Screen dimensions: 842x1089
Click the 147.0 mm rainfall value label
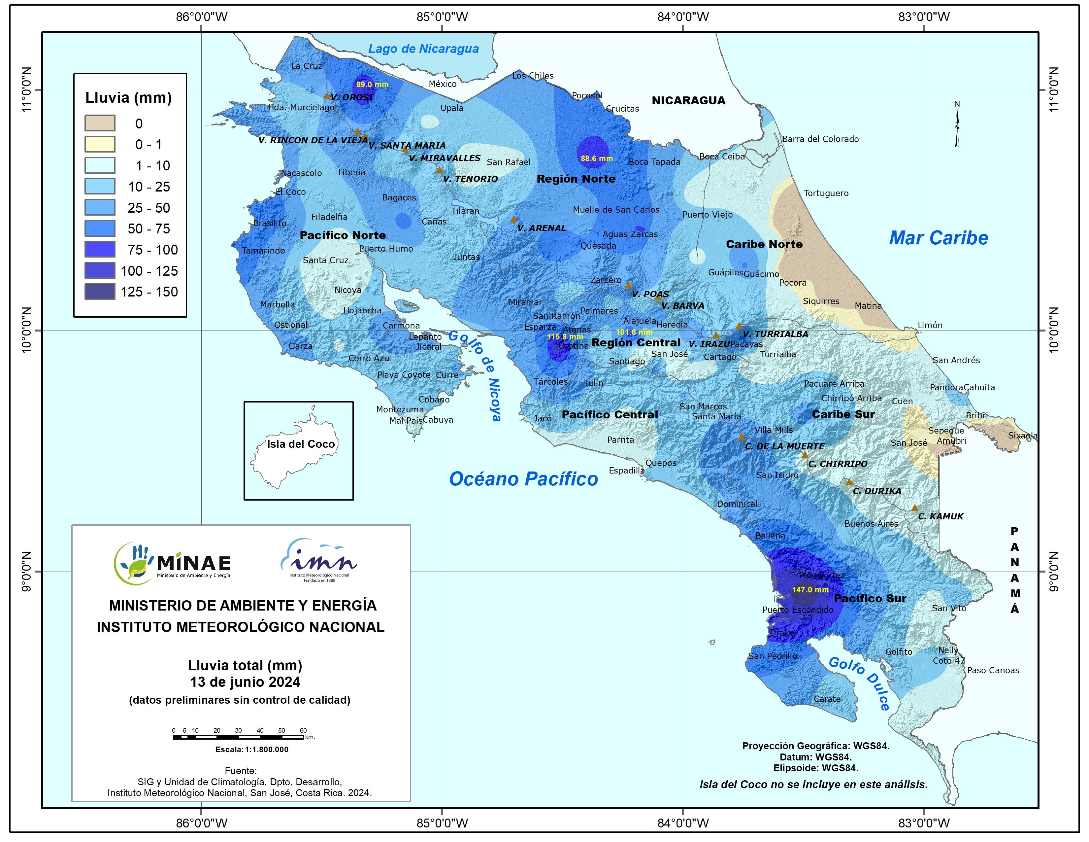pyautogui.click(x=810, y=590)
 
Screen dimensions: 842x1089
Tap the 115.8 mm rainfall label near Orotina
pyautogui.click(x=565, y=337)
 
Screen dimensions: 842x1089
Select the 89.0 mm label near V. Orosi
pyautogui.click(x=372, y=85)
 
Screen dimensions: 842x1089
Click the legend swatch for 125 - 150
pyautogui.click(x=100, y=292)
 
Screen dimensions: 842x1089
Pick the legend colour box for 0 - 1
pyautogui.click(x=100, y=145)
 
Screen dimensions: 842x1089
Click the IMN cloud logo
pyautogui.click(x=319, y=560)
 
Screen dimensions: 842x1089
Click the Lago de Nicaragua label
pyautogui.click(x=423, y=49)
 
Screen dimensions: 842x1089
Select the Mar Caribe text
pyautogui.click(x=939, y=238)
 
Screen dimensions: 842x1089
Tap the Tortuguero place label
pyautogui.click(x=826, y=193)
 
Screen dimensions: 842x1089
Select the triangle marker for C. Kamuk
pyautogui.click(x=914, y=508)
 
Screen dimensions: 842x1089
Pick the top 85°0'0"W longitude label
pyautogui.click(x=442, y=17)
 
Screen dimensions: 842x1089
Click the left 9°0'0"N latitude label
pyautogui.click(x=26, y=572)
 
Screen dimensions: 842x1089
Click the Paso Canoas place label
pyautogui.click(x=993, y=670)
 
